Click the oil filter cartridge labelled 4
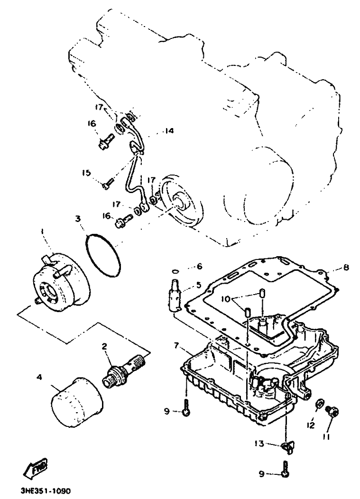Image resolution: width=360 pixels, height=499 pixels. (77, 403)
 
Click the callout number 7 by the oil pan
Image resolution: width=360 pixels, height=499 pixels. (176, 345)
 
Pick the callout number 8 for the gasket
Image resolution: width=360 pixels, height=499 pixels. (346, 267)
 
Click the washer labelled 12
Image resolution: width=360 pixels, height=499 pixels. (319, 403)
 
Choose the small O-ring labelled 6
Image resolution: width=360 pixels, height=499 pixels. (175, 271)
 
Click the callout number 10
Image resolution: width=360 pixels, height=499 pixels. (225, 299)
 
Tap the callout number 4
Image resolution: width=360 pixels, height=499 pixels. (39, 377)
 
